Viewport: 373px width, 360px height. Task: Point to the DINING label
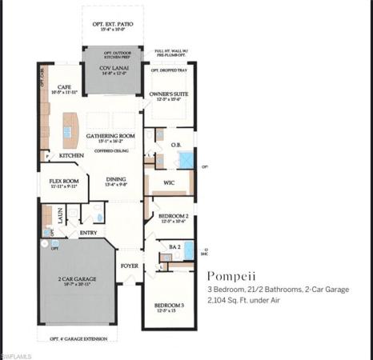coord(116,180)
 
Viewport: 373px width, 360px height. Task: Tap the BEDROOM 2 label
coord(173,217)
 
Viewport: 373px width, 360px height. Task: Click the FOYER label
coord(129,265)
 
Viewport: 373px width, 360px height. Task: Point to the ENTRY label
coord(89,233)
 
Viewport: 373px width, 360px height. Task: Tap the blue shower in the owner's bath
coord(184,159)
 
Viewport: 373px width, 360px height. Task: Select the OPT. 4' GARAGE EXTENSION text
coord(78,338)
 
